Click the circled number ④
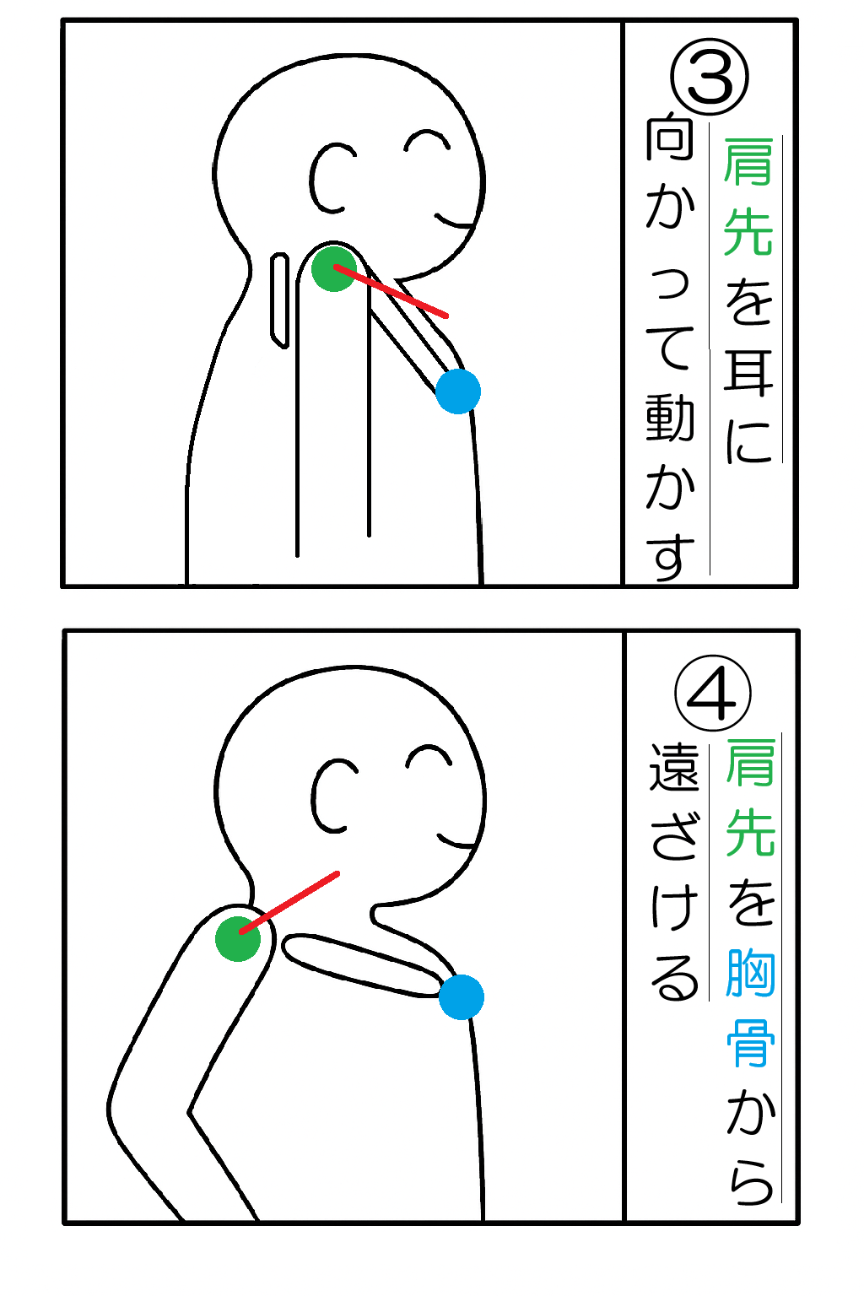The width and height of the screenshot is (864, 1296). pos(712,693)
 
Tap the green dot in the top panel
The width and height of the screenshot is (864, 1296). pos(334,269)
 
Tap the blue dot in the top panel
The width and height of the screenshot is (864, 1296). pos(458,391)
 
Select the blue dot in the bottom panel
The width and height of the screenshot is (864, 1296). pos(462,996)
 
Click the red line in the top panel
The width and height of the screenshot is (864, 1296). pos(391,292)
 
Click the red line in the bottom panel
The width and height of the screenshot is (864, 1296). pos(289,902)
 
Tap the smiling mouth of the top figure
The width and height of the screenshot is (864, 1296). pos(456,220)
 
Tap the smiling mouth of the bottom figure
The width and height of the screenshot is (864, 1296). pos(458,840)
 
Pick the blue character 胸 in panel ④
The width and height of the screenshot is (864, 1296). pos(751,973)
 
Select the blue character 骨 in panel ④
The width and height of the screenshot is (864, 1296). pos(751,1043)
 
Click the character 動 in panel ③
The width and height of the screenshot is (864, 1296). pos(670,418)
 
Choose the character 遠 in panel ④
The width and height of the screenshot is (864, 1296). pos(673,767)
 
